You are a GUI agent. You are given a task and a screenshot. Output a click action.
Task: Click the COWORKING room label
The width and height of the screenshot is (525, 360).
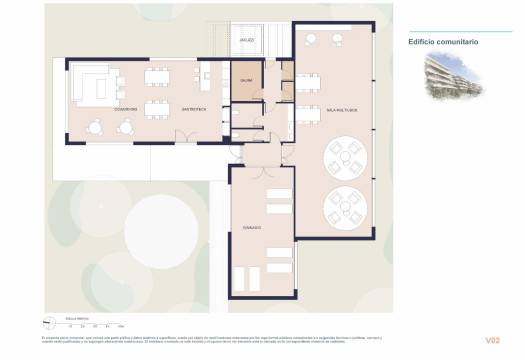pyautogui.click(x=125, y=108)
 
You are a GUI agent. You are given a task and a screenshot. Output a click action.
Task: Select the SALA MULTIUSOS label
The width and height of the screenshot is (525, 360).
pyautogui.click(x=333, y=108)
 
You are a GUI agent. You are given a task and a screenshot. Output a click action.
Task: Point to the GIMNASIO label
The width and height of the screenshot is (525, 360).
pyautogui.click(x=251, y=228)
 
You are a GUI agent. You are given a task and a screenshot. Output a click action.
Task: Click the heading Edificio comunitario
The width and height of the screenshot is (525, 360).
pyautogui.click(x=443, y=42)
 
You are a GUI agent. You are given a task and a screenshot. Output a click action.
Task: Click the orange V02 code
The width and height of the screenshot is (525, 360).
pyautogui.click(x=491, y=341)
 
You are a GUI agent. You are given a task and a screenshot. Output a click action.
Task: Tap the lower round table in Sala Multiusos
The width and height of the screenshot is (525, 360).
pyautogui.click(x=348, y=207)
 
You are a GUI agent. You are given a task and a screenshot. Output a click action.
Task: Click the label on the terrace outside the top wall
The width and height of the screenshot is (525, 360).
pyautogui.click(x=247, y=40)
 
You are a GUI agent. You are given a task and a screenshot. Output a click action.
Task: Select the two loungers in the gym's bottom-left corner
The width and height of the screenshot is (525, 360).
pyautogui.click(x=244, y=277)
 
